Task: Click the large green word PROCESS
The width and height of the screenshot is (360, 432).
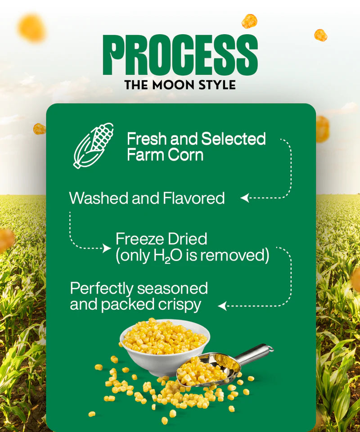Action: pos(180,55)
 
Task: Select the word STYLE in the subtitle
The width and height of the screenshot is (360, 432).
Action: pos(218,85)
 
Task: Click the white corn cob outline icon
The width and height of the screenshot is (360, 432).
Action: pos(94,145)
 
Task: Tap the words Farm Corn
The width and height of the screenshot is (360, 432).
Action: pos(165,155)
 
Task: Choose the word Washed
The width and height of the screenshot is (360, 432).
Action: pos(98,198)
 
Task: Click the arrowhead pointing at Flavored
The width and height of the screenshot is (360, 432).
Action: pos(244,198)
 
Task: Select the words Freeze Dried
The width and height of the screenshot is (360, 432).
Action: pos(161,238)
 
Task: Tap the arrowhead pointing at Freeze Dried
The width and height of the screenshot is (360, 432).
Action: pos(107,248)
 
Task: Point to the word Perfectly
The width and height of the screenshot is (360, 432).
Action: pos(102,288)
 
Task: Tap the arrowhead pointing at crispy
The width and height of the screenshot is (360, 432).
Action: pos(221,306)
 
